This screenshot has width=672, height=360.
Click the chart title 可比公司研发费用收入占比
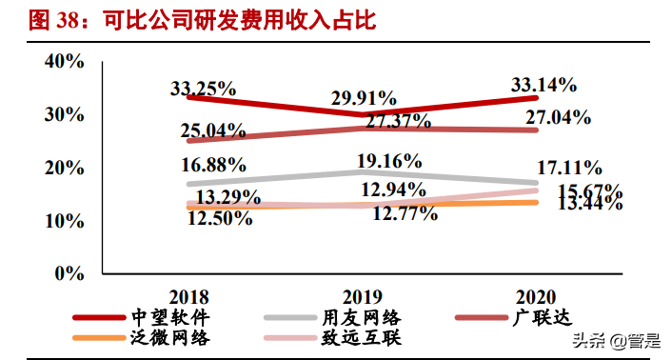pyautogui.click(x=243, y=20)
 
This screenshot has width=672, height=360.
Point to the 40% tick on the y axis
pyautogui.click(x=65, y=62)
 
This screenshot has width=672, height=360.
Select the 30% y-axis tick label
pyautogui.click(x=65, y=114)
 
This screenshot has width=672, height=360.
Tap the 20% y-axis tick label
pyautogui.click(x=65, y=168)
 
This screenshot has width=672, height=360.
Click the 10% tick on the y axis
pyautogui.click(x=65, y=220)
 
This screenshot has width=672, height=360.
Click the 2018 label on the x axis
pyautogui.click(x=188, y=296)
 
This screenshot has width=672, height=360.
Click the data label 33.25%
pyautogui.click(x=204, y=89)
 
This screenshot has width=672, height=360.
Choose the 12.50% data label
pyautogui.click(x=219, y=218)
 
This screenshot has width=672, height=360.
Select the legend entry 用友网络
pyautogui.click(x=361, y=316)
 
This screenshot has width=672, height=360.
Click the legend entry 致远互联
pyautogui.click(x=361, y=337)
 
